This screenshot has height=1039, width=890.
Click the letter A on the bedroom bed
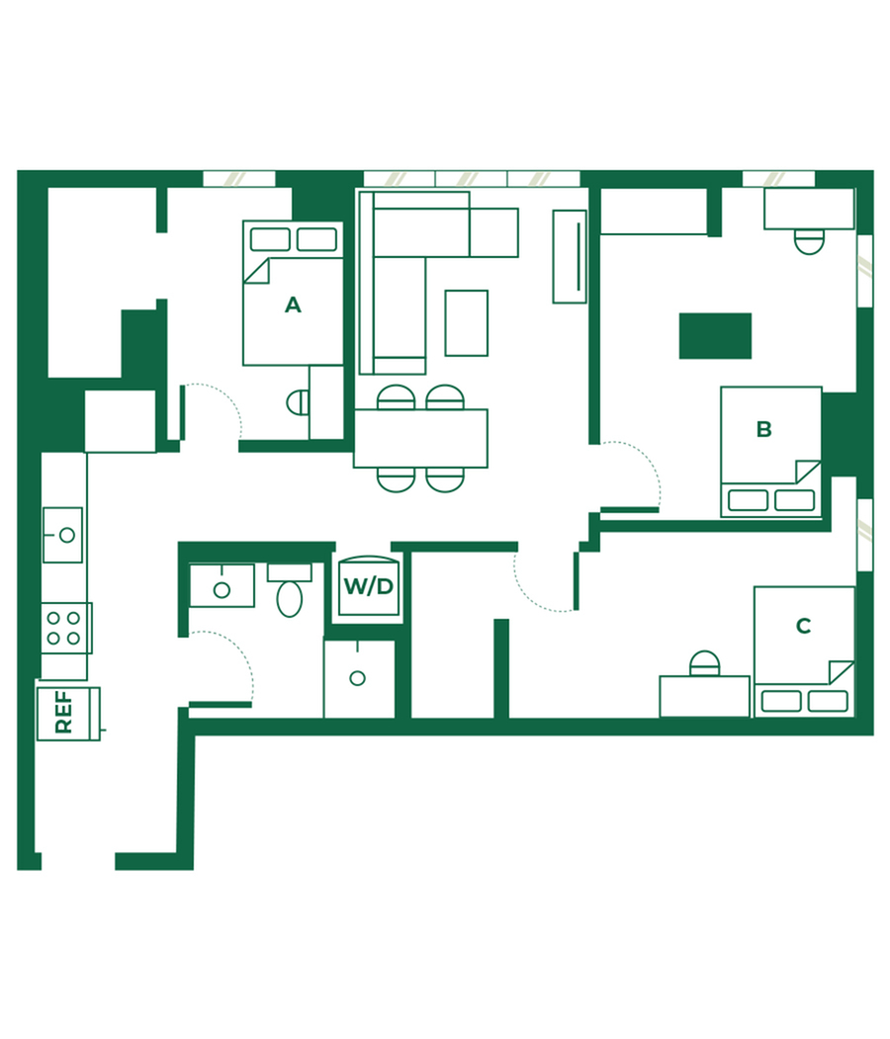click(x=293, y=304)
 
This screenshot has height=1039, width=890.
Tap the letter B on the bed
click(x=764, y=429)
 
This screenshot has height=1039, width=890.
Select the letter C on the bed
click(x=803, y=626)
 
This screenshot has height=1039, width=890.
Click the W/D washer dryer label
click(x=369, y=586)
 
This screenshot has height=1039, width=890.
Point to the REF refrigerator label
click(x=63, y=712)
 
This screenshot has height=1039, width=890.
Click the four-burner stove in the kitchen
click(x=65, y=628)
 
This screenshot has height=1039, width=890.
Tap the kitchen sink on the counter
click(x=63, y=535)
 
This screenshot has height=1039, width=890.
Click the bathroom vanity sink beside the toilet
click(x=222, y=585)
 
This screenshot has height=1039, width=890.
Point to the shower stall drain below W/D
click(x=358, y=678)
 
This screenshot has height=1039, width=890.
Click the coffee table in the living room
click(x=467, y=322)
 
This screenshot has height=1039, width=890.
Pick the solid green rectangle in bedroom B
click(x=715, y=336)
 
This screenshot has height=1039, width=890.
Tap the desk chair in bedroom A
click(x=298, y=402)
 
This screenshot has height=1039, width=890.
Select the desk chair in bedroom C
click(x=704, y=663)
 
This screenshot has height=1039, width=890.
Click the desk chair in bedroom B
click(x=809, y=242)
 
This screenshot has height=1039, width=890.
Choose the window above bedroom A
click(x=239, y=179)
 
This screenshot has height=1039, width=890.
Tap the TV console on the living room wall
click(x=570, y=256)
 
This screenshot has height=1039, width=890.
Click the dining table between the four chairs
click(x=421, y=439)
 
